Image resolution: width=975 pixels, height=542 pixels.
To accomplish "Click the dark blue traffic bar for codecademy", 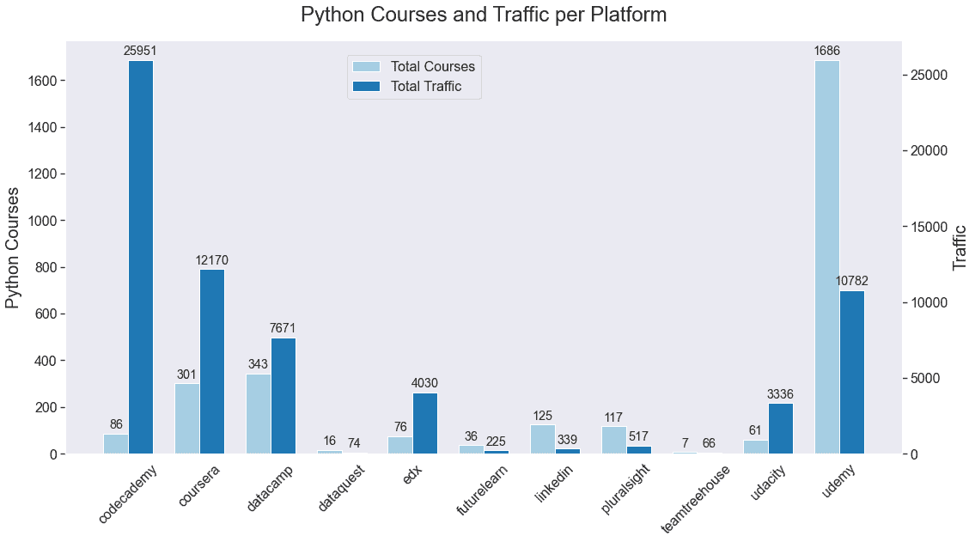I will coord(141,257).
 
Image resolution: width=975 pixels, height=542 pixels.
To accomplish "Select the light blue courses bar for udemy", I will coord(826,257).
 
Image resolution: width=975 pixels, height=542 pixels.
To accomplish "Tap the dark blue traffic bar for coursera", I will coord(212,362).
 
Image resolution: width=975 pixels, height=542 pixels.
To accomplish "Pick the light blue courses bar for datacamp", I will coord(259,414).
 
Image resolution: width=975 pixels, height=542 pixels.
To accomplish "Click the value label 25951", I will coord(140,52).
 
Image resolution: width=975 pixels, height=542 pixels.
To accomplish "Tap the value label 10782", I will coord(851,282).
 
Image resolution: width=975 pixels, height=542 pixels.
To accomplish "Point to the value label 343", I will coord(259,364).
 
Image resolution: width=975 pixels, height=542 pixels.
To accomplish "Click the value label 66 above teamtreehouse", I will coord(710,443).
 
